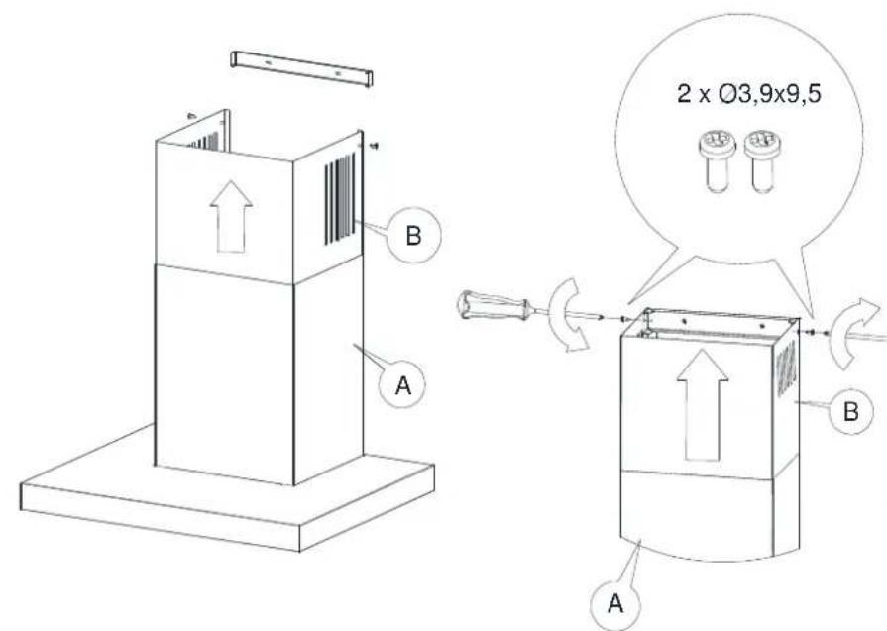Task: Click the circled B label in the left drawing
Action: pos(413,234)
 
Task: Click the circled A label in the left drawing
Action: pos(402,385)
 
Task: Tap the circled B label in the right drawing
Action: pos(850,410)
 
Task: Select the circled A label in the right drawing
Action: pos(615,603)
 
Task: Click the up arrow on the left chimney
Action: pos(231,217)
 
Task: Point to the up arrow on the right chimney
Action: pos(703,405)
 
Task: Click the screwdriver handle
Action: pos(494,305)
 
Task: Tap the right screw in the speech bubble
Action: pos(761,160)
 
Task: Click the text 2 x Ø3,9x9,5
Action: pos(748,94)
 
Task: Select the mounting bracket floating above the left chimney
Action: pos(301,68)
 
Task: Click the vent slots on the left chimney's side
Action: pos(340,198)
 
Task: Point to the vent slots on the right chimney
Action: pos(786,368)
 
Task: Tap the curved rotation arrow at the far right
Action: pos(854,333)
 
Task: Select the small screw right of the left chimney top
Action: pos(374,146)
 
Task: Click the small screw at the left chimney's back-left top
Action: pos(191,116)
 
